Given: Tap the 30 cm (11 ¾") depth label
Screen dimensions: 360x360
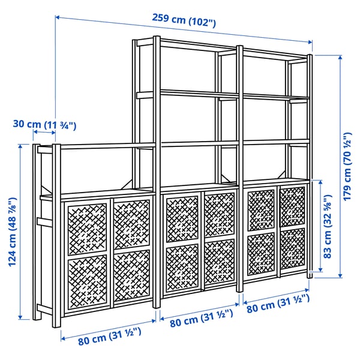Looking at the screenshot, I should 46,125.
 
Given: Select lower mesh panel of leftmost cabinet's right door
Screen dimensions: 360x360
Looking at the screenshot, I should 131,275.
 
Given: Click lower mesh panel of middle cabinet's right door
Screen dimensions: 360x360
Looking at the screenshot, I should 218,262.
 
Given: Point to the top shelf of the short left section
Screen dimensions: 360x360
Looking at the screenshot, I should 96,146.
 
